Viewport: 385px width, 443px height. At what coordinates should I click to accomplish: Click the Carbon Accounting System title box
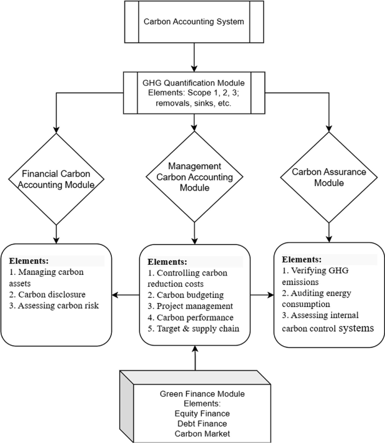194,22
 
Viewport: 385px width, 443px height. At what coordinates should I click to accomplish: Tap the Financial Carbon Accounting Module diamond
56,179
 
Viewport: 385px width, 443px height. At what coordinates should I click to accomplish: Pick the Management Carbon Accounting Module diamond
194,178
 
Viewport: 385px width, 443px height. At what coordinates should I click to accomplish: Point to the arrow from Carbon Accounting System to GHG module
194,58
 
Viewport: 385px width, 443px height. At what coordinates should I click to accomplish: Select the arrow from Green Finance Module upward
195,358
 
